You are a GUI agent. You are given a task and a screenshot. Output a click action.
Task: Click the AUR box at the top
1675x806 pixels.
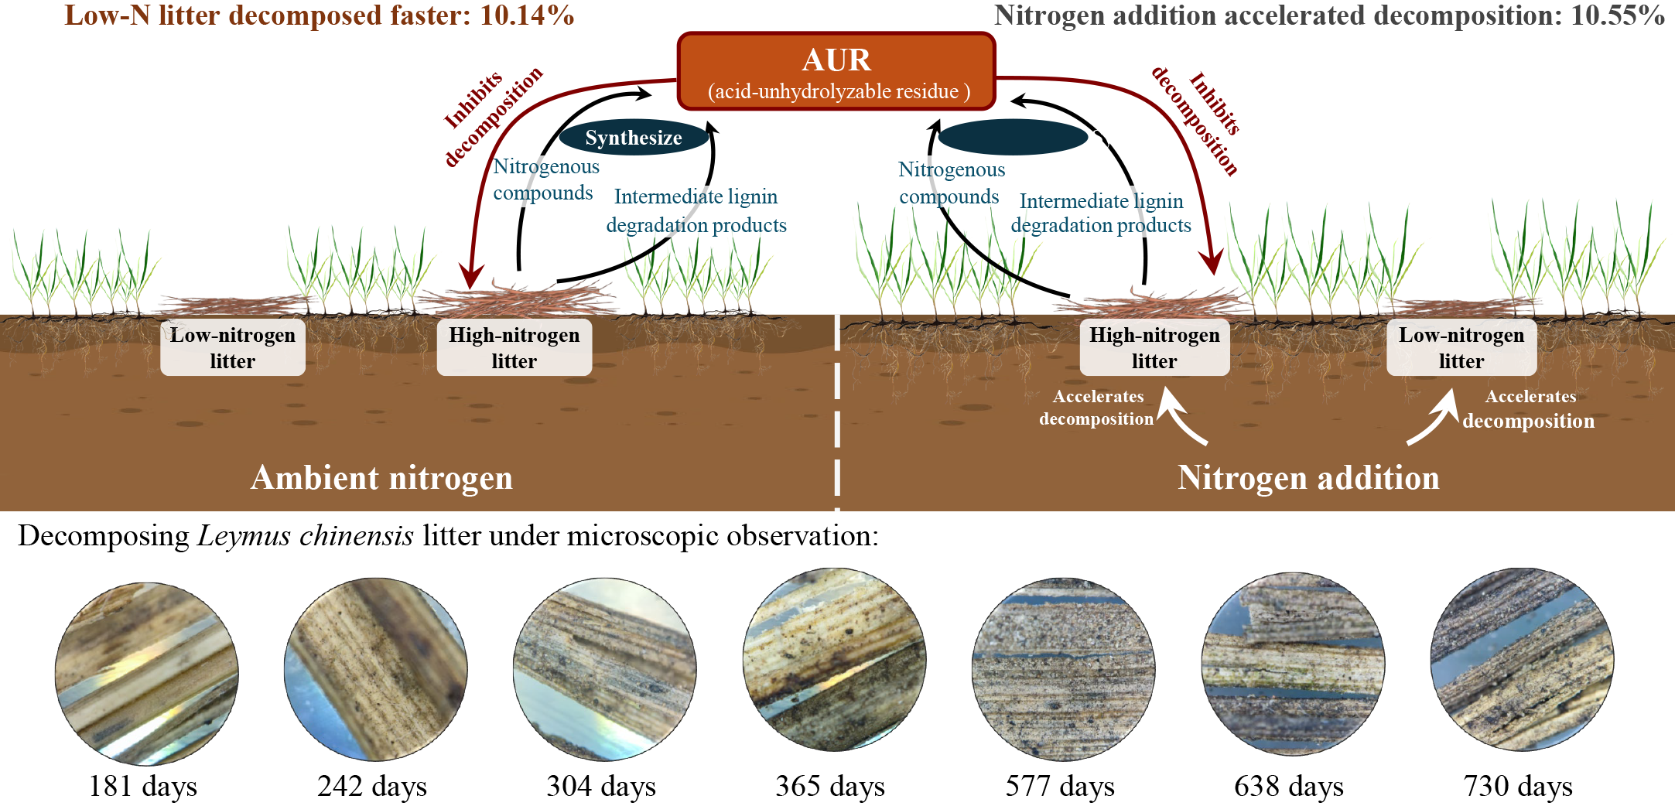click(836, 72)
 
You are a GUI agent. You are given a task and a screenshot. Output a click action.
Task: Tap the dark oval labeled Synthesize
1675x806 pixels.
click(634, 138)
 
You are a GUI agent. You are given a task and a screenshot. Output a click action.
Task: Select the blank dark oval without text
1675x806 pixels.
click(1013, 138)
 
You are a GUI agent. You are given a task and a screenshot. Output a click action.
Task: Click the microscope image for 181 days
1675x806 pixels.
click(146, 674)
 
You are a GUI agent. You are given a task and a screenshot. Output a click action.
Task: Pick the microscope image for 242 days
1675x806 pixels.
click(375, 670)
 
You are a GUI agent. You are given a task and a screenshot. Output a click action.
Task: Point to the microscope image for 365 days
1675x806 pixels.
click(834, 660)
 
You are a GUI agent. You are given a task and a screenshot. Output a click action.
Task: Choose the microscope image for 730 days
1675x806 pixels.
click(1522, 660)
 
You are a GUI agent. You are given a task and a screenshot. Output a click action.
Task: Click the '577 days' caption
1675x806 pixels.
click(1060, 786)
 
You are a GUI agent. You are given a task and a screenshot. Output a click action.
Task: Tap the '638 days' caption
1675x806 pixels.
click(1289, 786)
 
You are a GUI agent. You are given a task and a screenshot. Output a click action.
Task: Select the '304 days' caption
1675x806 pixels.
click(601, 786)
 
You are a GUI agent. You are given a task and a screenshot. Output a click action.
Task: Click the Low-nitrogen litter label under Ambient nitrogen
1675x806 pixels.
click(233, 347)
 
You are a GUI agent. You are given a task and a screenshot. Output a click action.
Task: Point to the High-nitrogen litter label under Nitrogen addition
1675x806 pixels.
click(1154, 347)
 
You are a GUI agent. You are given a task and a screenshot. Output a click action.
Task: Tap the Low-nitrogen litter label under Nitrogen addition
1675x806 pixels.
click(1461, 347)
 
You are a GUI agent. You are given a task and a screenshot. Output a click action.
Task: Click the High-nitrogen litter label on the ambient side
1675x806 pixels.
click(514, 347)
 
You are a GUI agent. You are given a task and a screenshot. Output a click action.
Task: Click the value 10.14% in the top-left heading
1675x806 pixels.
click(527, 15)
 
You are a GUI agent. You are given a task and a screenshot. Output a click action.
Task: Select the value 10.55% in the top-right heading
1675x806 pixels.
click(1618, 15)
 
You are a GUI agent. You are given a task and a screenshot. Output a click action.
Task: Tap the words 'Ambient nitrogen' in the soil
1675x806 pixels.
click(381, 478)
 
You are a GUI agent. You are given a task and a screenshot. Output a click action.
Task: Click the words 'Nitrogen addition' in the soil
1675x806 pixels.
click(1308, 478)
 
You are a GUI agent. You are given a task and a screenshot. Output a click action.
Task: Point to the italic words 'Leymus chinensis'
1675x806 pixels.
click(306, 536)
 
